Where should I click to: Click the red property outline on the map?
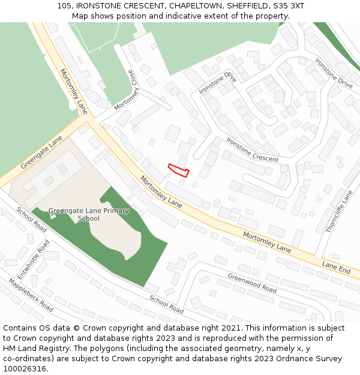pyautogui.click(x=179, y=170)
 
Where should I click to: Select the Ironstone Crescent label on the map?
pyautogui.click(x=252, y=150)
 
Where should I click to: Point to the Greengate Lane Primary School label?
pyautogui.click(x=89, y=214)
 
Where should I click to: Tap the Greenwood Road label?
pyautogui.click(x=252, y=283)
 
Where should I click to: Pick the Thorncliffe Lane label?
pyautogui.click(x=340, y=211)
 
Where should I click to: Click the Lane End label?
pyautogui.click(x=336, y=268)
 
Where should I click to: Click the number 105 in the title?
pyautogui.click(x=65, y=5)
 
